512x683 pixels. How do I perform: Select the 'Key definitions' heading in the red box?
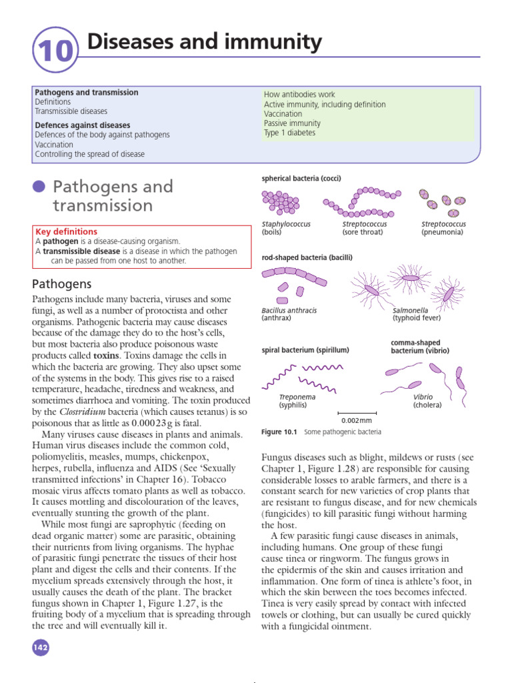(65, 232)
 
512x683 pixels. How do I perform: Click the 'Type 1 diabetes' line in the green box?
(289, 133)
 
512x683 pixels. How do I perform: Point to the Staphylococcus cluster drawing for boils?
(280, 201)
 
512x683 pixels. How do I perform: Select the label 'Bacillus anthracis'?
(289, 311)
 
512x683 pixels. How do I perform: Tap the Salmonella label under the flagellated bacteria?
(411, 311)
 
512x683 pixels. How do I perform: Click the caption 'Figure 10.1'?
(279, 432)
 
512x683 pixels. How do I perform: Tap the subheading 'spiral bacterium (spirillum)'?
(305, 350)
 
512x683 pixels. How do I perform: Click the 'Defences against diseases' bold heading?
(82, 125)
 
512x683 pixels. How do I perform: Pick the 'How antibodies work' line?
(299, 95)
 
